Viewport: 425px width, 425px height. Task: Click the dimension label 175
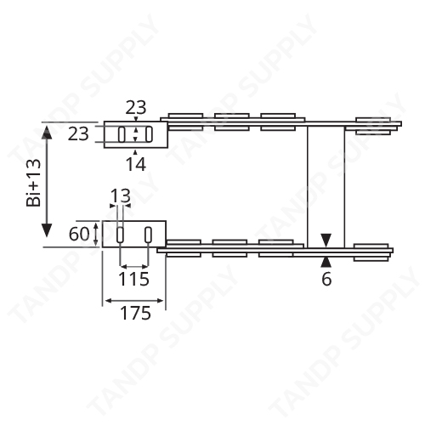tap(135, 313)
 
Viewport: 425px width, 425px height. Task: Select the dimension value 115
tap(134, 278)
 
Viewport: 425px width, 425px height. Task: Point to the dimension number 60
tap(79, 234)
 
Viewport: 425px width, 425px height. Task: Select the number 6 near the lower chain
tap(327, 278)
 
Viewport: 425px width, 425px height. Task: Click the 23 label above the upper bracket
tap(135, 108)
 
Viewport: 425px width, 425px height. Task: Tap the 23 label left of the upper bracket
tap(78, 134)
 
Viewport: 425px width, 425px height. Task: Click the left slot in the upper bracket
tap(121, 134)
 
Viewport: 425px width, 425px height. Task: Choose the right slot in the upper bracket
tap(149, 134)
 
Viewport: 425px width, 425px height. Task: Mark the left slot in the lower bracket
tap(121, 234)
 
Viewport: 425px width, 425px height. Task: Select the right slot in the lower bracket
tap(149, 234)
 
